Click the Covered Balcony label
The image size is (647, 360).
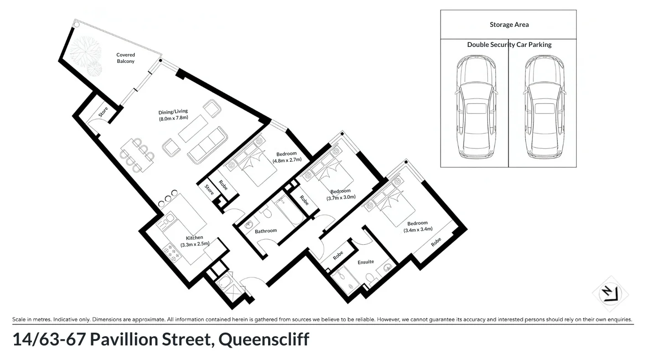tap(125, 58)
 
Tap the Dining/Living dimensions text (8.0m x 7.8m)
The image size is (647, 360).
tap(173, 118)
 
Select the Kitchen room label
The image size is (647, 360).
tap(194, 238)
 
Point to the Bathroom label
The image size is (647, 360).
tap(266, 231)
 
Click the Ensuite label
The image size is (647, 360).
tap(366, 262)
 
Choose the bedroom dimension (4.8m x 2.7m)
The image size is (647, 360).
tap(287, 160)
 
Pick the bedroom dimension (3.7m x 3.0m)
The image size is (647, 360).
tap(341, 197)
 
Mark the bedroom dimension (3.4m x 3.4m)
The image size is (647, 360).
tap(418, 230)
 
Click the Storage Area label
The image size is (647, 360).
tap(509, 25)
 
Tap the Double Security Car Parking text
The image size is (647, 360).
tap(509, 45)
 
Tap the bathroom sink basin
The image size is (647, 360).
tap(249, 225)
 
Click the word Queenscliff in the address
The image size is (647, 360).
tap(264, 339)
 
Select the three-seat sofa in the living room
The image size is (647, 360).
tap(207, 145)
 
